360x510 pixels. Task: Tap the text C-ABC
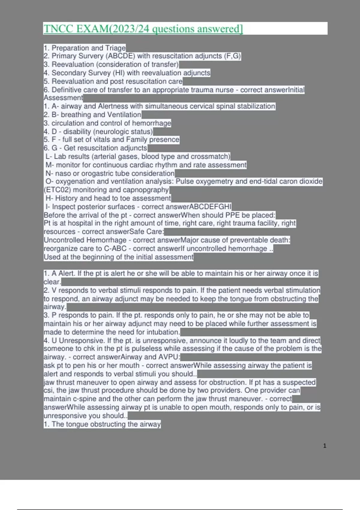pyautogui.click(x=115, y=249)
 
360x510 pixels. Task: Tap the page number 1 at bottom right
pyautogui.click(x=325, y=446)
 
